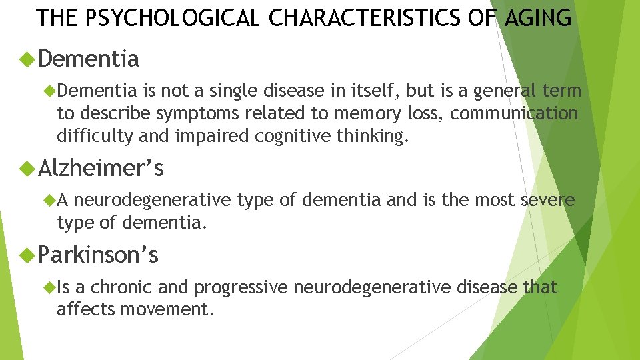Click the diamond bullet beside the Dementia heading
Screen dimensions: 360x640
[28, 59]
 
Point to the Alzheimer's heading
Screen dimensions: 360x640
[101, 169]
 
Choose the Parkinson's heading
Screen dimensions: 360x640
[99, 255]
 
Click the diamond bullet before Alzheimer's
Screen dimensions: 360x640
[28, 169]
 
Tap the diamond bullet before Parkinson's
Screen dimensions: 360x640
[28, 255]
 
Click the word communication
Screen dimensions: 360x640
[514, 113]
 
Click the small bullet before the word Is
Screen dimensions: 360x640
[48, 287]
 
